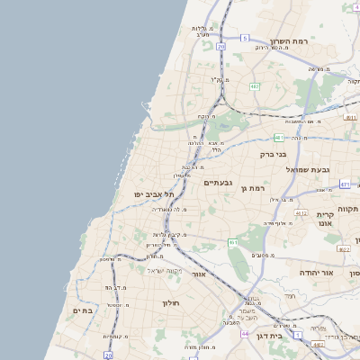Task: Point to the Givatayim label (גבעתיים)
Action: coord(219,183)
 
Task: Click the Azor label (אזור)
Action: coord(200,274)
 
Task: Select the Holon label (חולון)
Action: coord(172,303)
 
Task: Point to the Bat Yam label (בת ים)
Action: coord(82,310)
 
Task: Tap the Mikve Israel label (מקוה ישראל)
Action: coord(165,271)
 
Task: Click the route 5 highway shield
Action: coord(243,38)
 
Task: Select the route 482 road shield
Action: coord(256,86)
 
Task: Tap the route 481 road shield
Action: coord(280,138)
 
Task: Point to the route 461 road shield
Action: coord(233,242)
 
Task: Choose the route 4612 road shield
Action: coord(301,213)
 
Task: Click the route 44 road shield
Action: coord(244,333)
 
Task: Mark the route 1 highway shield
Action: coord(297,335)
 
